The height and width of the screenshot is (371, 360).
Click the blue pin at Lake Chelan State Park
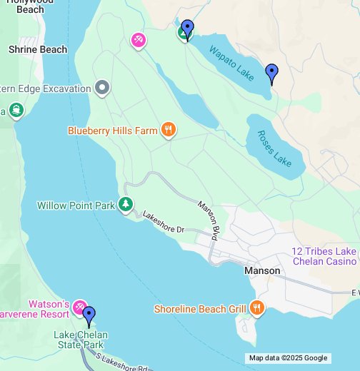(x=89, y=315)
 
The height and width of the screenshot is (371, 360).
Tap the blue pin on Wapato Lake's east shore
(x=271, y=73)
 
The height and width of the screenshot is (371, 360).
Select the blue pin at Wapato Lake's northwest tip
(x=187, y=29)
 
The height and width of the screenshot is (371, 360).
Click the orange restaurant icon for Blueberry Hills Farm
(x=168, y=130)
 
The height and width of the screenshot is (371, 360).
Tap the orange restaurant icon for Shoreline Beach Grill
(x=256, y=308)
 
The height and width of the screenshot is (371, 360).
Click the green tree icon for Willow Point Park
(x=126, y=205)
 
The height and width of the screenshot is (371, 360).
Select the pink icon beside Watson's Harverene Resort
(x=79, y=308)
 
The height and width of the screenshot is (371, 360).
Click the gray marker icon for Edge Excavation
(x=103, y=88)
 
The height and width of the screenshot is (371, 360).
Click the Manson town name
(x=262, y=271)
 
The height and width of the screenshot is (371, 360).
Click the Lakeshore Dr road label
(x=164, y=222)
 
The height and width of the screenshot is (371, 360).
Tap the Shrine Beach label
(x=38, y=49)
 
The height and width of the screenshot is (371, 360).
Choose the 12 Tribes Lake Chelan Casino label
(x=324, y=256)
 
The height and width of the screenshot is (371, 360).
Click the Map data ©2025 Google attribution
(x=288, y=358)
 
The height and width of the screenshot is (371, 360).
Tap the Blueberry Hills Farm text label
(x=112, y=131)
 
